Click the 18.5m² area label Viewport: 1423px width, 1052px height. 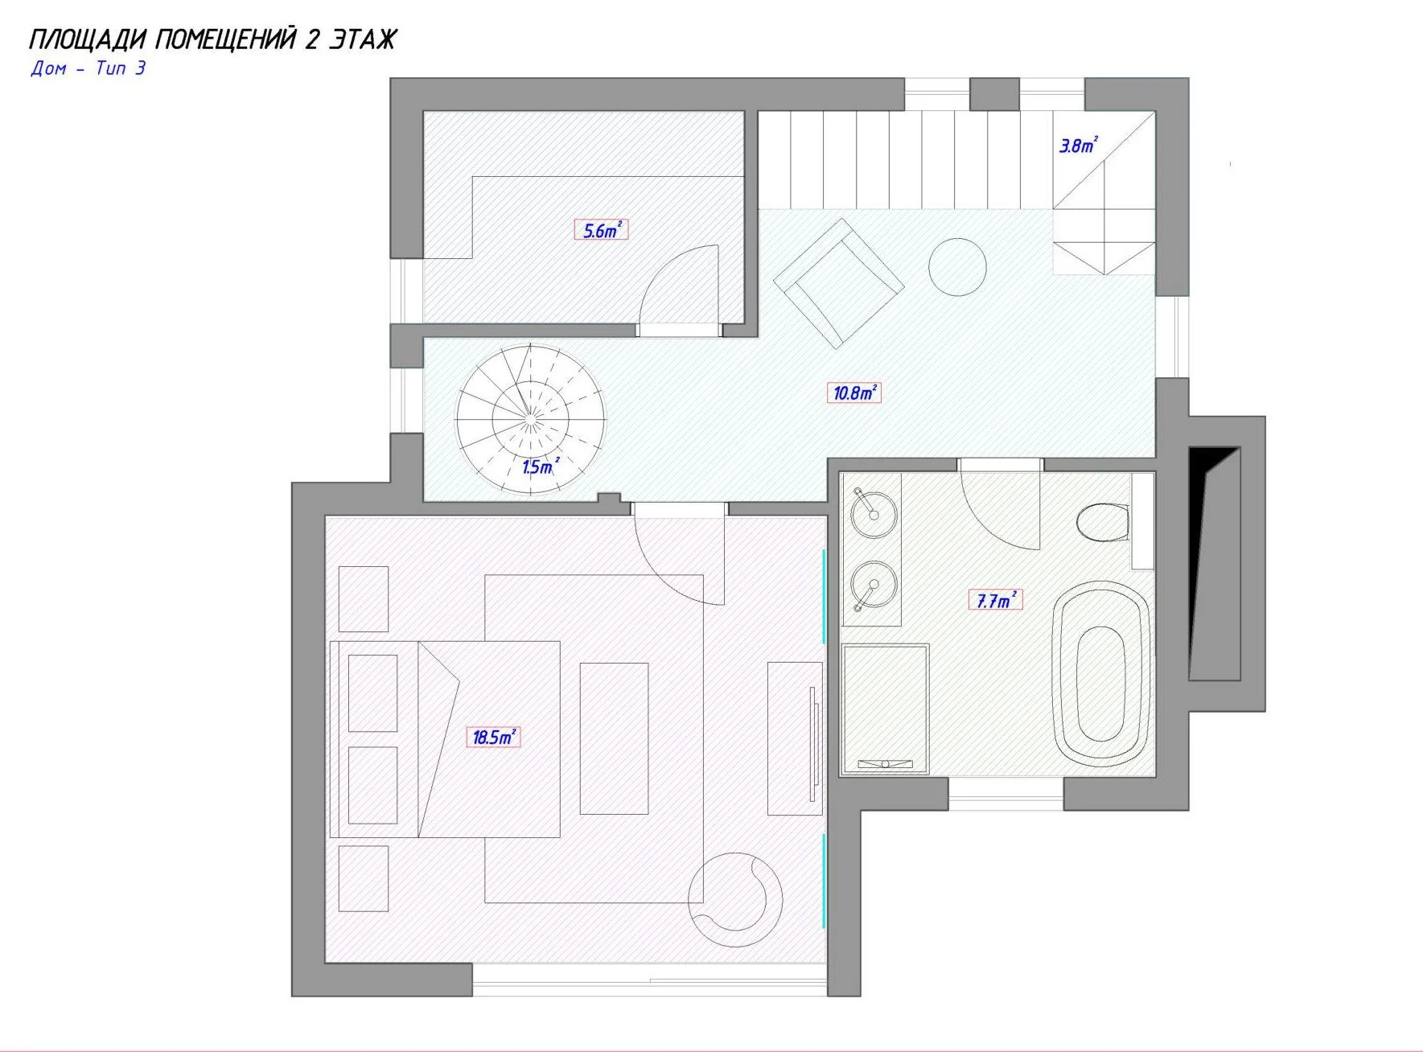click(x=493, y=737)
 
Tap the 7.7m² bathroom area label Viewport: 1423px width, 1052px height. click(x=996, y=600)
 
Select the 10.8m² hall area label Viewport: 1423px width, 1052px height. click(x=853, y=392)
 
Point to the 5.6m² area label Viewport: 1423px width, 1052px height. click(x=601, y=230)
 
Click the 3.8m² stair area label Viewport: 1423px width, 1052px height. click(x=1078, y=146)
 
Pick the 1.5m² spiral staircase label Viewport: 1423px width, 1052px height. click(x=540, y=466)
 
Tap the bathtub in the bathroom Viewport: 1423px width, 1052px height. click(x=1100, y=674)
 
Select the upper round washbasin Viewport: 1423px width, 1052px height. click(x=874, y=513)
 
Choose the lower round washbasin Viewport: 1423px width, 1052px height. click(x=874, y=586)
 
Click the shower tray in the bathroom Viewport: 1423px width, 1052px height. click(x=885, y=709)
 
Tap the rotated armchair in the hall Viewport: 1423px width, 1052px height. click(x=839, y=283)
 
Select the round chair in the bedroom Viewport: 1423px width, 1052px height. click(x=735, y=899)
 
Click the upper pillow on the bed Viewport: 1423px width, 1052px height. click(x=372, y=693)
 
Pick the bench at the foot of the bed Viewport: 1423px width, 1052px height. click(x=615, y=738)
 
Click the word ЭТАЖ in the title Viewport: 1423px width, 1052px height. click(x=362, y=39)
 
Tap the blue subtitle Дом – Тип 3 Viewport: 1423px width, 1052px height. click(x=88, y=68)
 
